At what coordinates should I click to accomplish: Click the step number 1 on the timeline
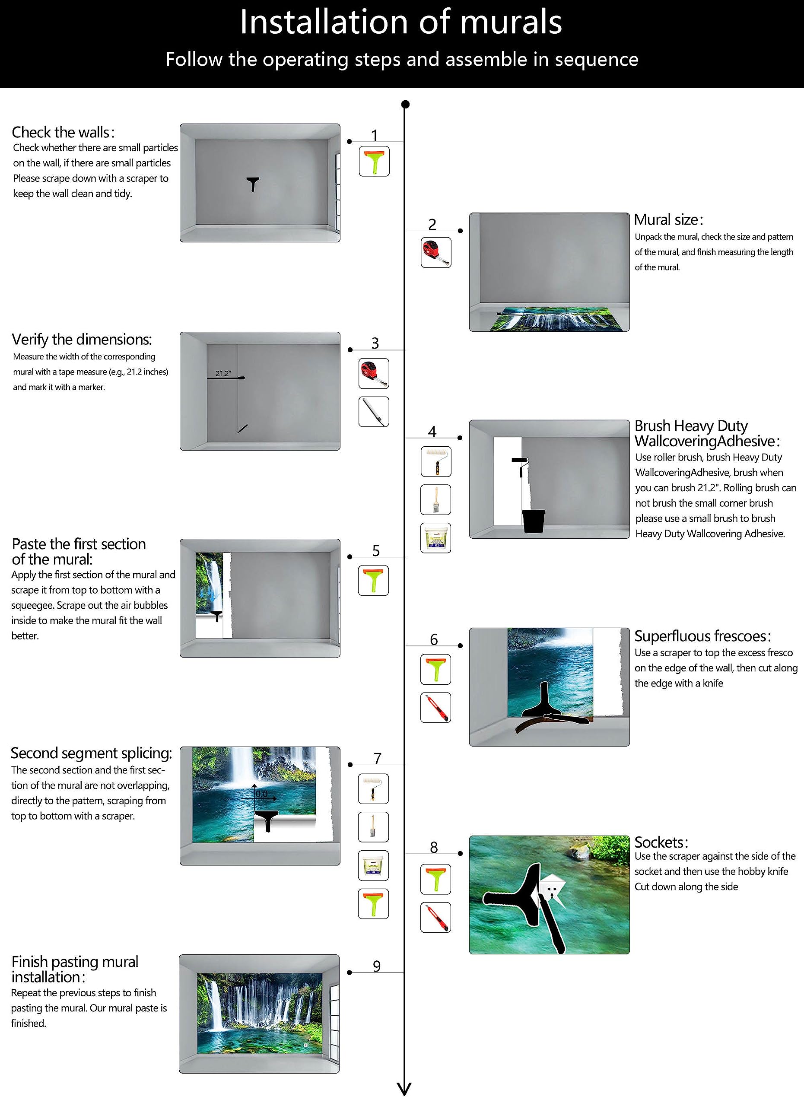(x=375, y=135)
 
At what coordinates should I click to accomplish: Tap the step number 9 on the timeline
(x=376, y=966)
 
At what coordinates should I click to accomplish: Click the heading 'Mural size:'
(x=668, y=219)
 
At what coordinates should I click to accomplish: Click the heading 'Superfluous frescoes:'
(x=702, y=636)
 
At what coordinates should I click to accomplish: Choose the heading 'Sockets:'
(x=661, y=842)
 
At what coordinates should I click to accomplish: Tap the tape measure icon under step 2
(x=436, y=253)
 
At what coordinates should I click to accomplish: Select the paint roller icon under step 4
(x=436, y=461)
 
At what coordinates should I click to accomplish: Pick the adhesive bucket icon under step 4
(x=436, y=538)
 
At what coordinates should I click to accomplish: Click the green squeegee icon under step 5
(x=373, y=580)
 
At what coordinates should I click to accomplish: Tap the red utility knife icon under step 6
(x=436, y=707)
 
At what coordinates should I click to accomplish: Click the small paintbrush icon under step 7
(x=373, y=827)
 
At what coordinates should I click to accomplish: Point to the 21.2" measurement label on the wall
(x=223, y=374)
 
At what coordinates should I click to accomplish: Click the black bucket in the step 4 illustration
(x=534, y=521)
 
